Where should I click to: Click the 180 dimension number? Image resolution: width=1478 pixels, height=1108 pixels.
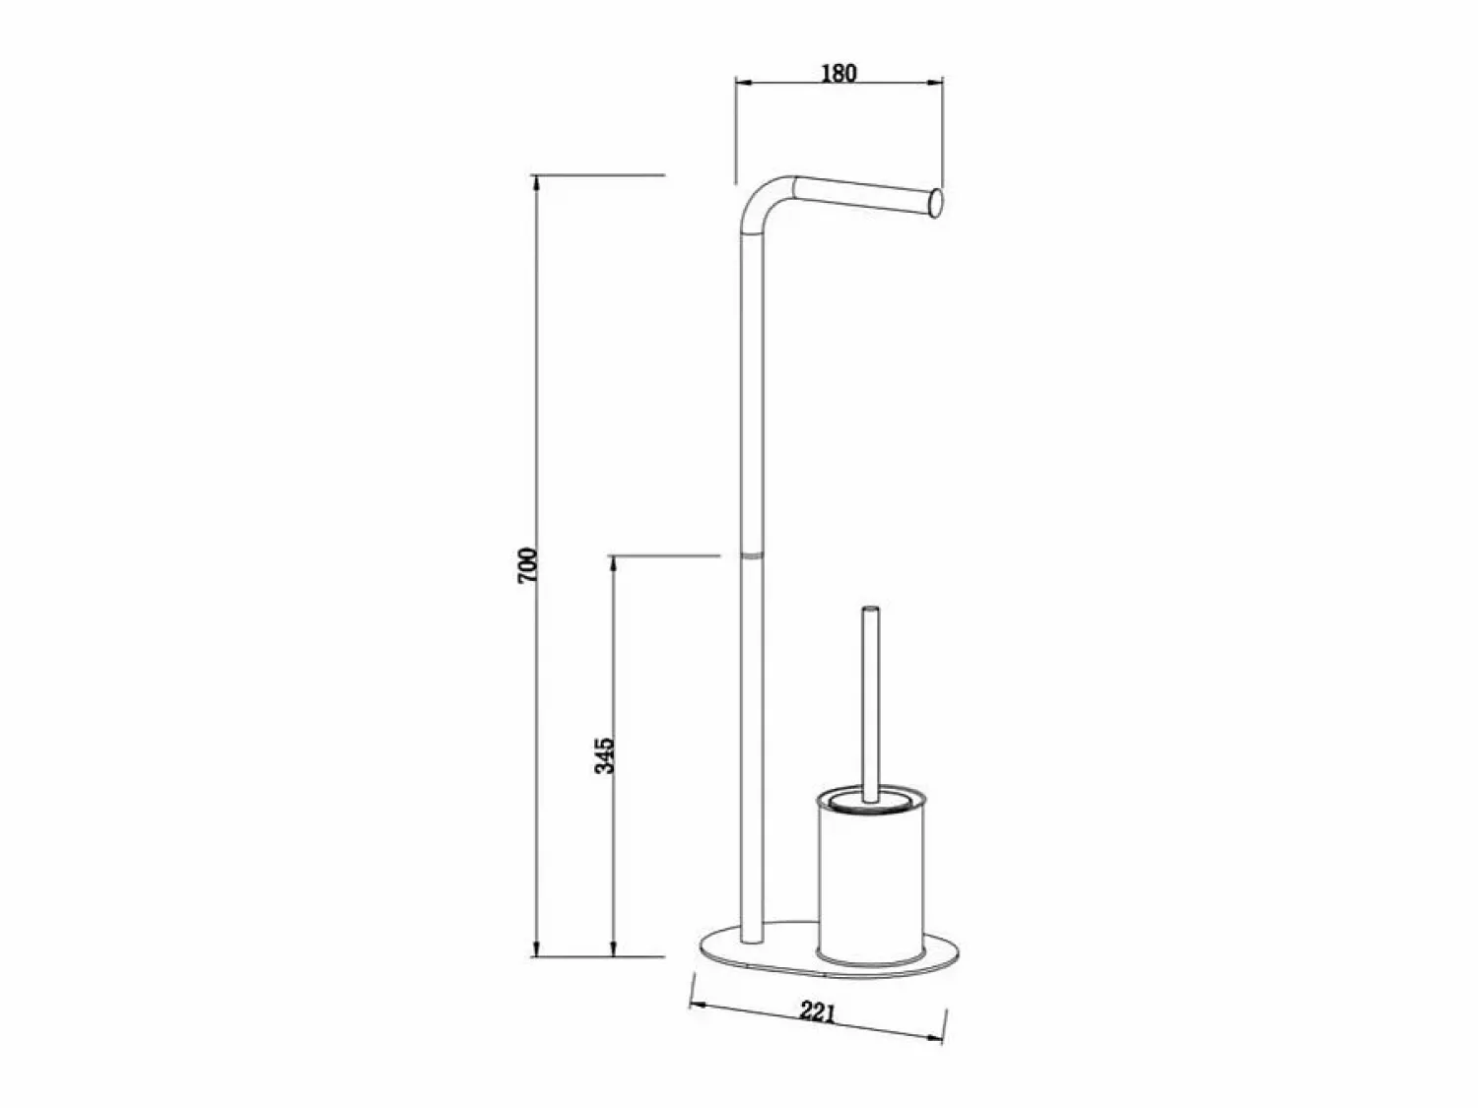tap(839, 73)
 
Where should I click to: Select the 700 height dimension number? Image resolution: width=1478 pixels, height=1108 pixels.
tap(528, 565)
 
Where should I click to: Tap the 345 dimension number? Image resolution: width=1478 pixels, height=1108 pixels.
tap(605, 755)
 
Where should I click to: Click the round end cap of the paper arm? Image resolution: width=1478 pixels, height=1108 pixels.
tap(935, 204)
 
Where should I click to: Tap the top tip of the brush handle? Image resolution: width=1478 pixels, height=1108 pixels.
tap(871, 609)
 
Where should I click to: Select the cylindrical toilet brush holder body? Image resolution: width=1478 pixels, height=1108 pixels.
tap(869, 881)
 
